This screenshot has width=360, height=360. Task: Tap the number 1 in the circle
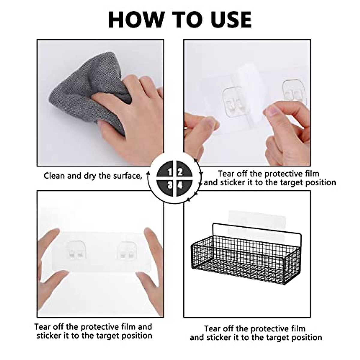(170, 172)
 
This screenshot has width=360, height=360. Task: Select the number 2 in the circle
(180, 172)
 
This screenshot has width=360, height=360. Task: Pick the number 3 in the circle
(170, 185)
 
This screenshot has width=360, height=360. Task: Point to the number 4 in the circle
(180, 185)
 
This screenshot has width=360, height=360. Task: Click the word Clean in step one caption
(54, 176)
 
